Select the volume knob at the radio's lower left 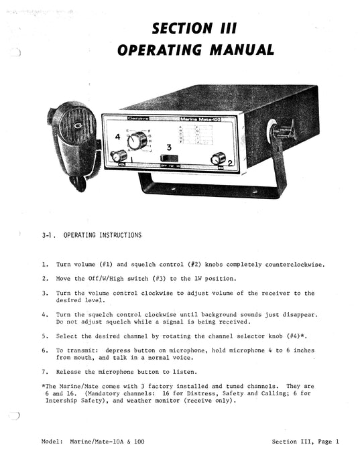[121, 157]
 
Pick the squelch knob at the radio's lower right [217, 158]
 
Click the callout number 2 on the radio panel [229, 162]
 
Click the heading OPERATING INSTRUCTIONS [103, 235]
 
